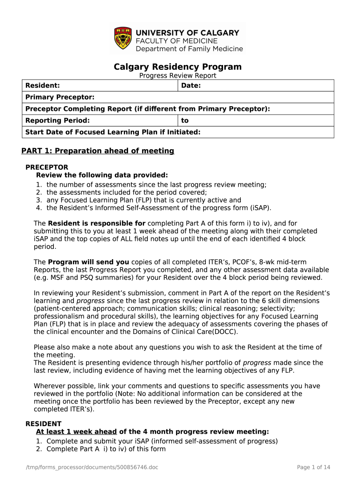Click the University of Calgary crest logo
click(122, 39)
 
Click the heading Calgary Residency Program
click(178, 67)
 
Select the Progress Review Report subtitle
click(178, 76)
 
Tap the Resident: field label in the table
click(43, 86)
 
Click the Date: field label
click(191, 86)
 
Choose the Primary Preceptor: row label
click(60, 97)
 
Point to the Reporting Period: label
click(58, 121)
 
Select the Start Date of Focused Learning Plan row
click(113, 132)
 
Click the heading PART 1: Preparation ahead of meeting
click(98, 151)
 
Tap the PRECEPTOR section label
click(47, 167)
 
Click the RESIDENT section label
click(43, 424)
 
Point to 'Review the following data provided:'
click(102, 175)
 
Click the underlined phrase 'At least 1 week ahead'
click(76, 432)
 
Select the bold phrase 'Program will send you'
click(89, 262)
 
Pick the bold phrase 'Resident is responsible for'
click(96, 224)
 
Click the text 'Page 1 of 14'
click(314, 467)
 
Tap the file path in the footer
click(91, 467)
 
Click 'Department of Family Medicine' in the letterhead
click(189, 49)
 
